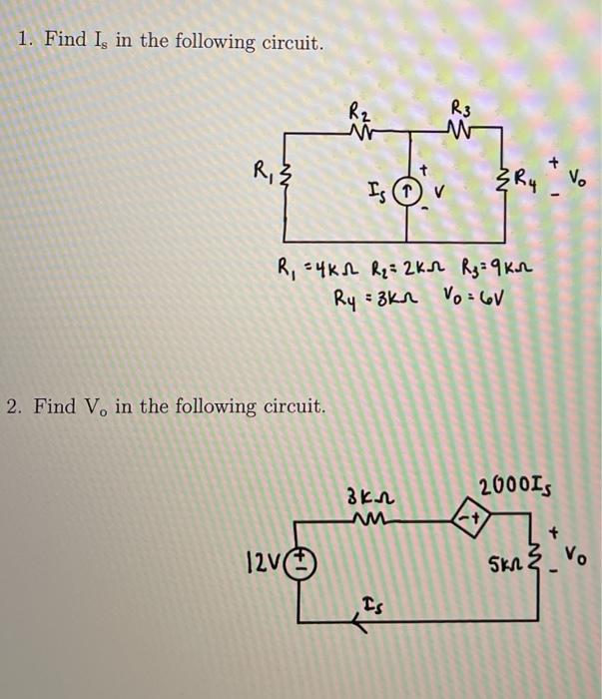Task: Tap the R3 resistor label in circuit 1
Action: click(x=459, y=106)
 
